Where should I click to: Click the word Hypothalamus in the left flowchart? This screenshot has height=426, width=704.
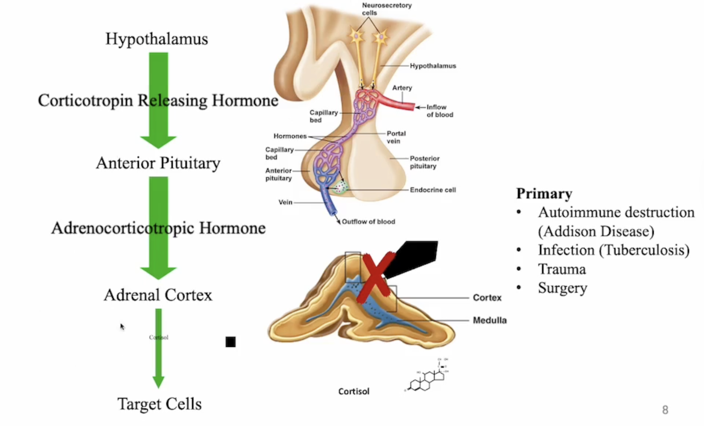point(157,39)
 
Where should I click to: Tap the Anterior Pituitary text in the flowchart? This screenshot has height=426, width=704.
point(158,163)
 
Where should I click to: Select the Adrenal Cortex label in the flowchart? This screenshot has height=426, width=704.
point(158,295)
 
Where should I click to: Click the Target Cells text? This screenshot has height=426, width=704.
point(159,404)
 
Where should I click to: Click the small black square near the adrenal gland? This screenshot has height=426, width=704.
point(230,342)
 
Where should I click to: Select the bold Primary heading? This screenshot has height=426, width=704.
point(544,193)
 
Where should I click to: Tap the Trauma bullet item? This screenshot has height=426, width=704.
point(562,269)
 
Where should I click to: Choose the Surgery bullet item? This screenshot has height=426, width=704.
point(562,288)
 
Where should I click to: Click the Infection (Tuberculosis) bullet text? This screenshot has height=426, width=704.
point(613,250)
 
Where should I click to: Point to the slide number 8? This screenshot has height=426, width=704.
point(665,410)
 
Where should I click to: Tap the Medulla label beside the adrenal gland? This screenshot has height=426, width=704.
point(490,320)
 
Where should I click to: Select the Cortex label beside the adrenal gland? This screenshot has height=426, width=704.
point(487,298)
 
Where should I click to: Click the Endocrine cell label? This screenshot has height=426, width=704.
point(433,190)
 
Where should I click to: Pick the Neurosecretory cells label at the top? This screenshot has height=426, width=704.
point(386,9)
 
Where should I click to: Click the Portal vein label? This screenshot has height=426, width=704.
point(396,137)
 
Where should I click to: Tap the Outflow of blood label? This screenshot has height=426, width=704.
point(368,222)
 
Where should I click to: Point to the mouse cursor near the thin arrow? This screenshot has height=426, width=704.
point(122,326)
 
